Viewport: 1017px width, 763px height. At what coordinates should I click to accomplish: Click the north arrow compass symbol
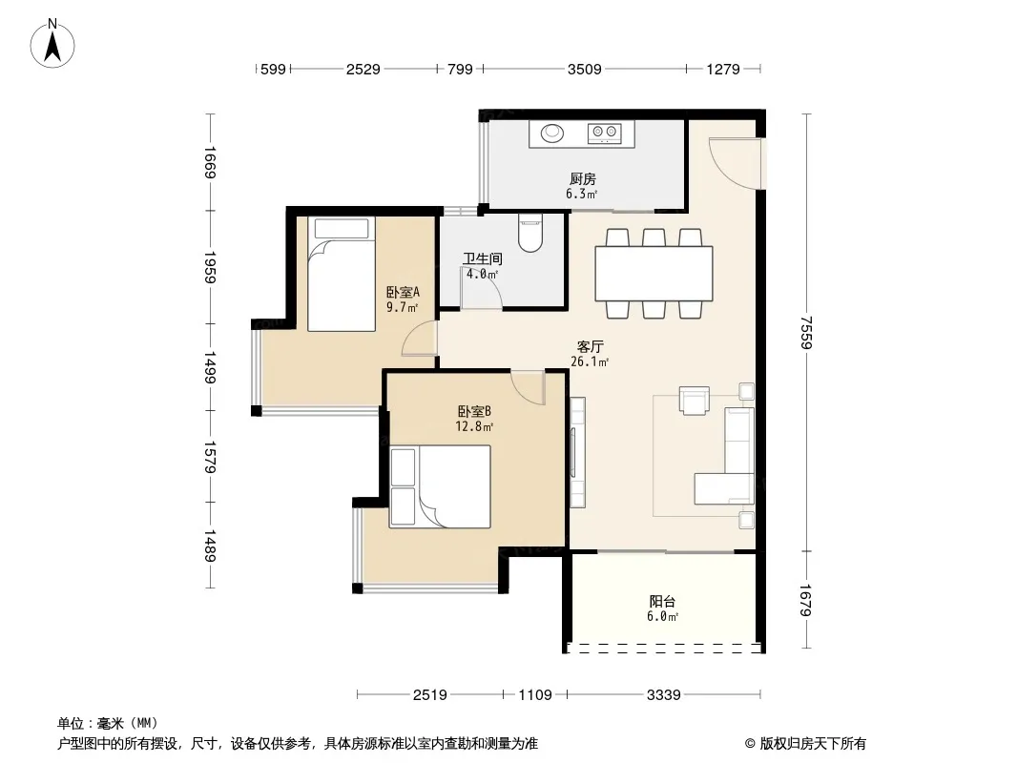(52, 44)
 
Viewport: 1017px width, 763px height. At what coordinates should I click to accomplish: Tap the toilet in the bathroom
(529, 234)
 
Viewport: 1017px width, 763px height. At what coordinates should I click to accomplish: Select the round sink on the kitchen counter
(552, 133)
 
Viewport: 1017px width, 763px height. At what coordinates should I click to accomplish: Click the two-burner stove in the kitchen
(605, 133)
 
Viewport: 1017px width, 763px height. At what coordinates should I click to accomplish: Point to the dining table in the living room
(654, 274)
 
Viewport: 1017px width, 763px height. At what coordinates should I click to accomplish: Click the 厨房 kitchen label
(583, 178)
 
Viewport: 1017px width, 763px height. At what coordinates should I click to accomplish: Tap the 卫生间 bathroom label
(482, 258)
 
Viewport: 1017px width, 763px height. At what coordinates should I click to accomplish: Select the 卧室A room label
(403, 292)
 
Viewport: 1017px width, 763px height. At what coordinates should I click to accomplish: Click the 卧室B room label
(474, 411)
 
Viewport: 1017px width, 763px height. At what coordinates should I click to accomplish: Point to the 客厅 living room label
(590, 347)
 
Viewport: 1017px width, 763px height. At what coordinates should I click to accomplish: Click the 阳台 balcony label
(662, 602)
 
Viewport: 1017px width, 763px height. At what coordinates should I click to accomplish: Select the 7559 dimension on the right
(806, 332)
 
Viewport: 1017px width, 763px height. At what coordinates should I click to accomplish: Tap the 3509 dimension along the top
(585, 69)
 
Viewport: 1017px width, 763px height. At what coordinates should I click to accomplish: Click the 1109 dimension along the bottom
(535, 695)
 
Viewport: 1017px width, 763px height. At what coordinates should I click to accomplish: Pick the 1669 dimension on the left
(210, 162)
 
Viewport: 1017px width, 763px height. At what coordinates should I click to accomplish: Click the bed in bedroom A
(342, 274)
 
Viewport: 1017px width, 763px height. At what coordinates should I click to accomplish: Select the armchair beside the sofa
(694, 400)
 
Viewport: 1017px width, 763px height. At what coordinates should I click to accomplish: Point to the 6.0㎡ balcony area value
(662, 616)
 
